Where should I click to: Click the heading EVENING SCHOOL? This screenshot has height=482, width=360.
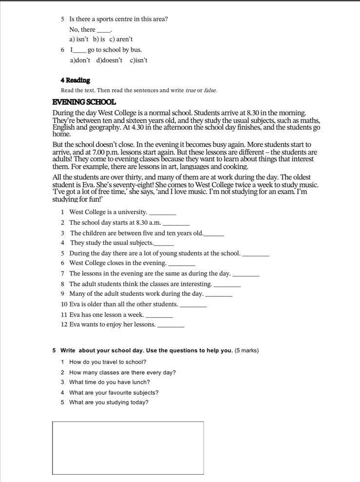pos(84,102)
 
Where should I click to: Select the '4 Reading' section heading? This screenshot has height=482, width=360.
pos(75,80)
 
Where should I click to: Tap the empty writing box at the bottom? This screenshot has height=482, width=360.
pos(128,447)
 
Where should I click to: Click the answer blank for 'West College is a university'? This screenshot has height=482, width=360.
pos(162,212)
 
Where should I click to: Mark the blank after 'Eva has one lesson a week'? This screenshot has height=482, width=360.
pos(159,315)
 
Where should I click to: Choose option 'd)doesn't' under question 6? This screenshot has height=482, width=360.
pos(109,60)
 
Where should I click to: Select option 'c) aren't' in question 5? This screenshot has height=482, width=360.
pos(121,39)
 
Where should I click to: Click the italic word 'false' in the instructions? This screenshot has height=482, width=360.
pos(210,91)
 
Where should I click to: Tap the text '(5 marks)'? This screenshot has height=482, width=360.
pos(246,350)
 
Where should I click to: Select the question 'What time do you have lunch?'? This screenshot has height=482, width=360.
pos(109,383)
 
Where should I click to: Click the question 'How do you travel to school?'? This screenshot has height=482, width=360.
pos(107,362)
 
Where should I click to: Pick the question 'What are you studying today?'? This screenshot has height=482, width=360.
pos(109,403)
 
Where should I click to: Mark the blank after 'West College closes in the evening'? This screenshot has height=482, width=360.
pos(181,264)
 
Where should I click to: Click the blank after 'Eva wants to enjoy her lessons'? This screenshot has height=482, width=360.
pos(171,325)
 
